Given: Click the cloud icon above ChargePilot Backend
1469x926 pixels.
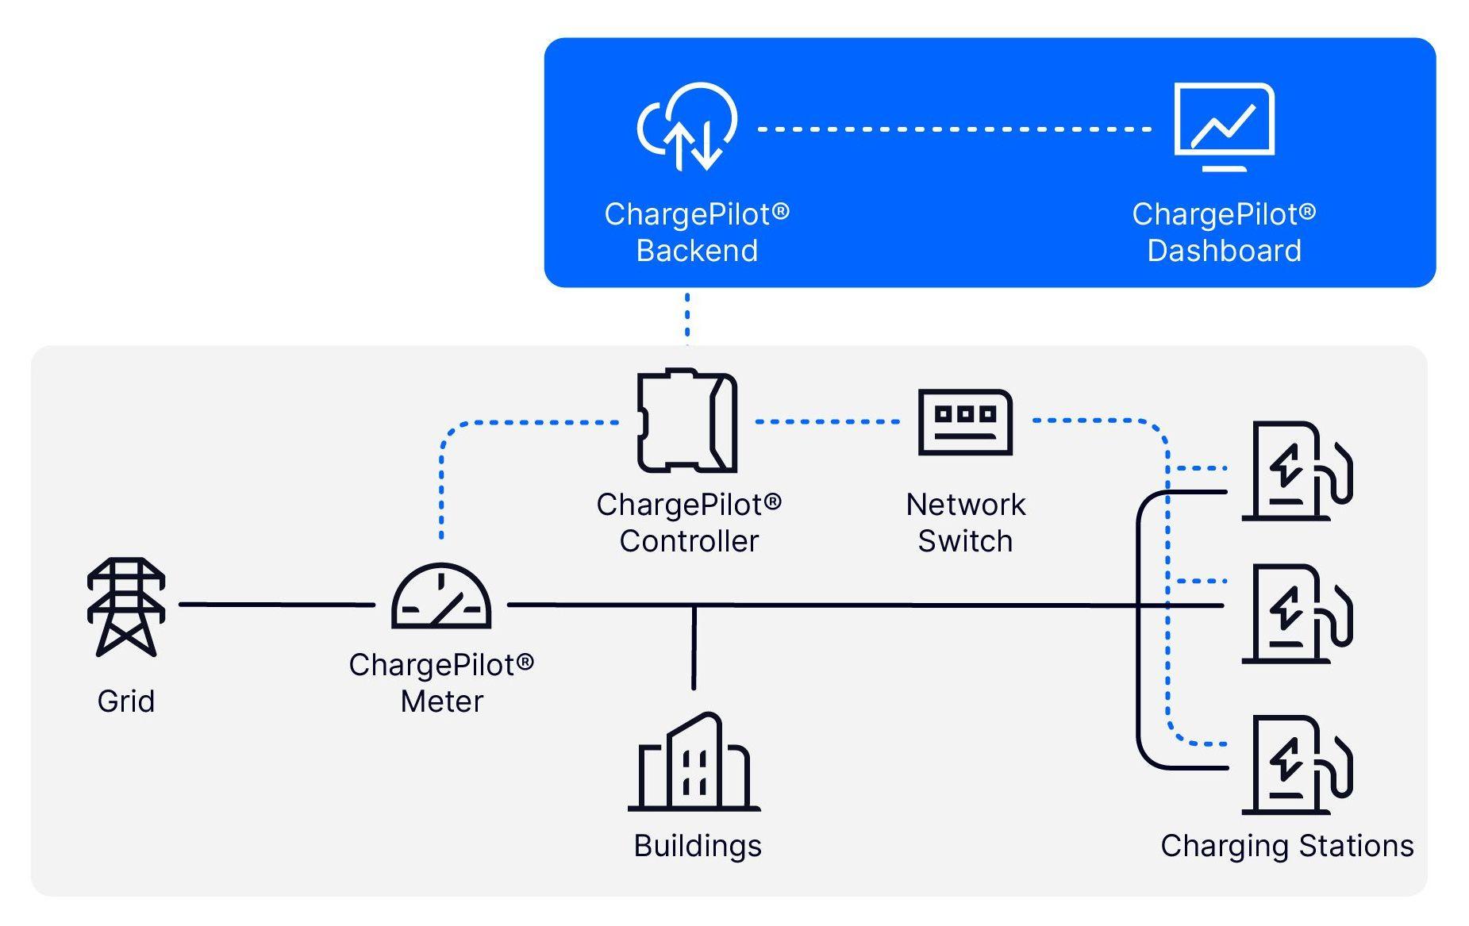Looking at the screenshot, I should click(687, 126).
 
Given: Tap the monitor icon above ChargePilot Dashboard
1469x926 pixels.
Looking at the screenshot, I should click(1224, 126).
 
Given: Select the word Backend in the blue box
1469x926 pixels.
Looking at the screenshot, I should click(697, 251).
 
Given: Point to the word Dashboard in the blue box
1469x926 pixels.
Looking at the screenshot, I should click(1224, 251).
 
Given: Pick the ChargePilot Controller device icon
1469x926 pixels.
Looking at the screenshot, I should click(687, 421).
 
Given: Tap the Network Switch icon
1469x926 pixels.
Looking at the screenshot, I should click(965, 421).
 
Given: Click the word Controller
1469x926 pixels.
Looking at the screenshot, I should click(689, 541).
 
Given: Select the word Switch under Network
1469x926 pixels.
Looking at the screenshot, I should click(965, 541).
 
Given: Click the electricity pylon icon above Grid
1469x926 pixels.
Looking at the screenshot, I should click(126, 606).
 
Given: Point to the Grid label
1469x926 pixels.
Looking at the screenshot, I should click(126, 701).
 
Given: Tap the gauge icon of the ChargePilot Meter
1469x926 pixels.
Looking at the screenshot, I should click(441, 597).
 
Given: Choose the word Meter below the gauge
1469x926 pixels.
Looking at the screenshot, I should click(442, 701).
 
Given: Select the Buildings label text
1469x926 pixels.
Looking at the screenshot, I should click(698, 846).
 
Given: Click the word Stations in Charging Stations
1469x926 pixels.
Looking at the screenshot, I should click(1356, 846).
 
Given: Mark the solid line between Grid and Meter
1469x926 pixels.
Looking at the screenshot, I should click(276, 605).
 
